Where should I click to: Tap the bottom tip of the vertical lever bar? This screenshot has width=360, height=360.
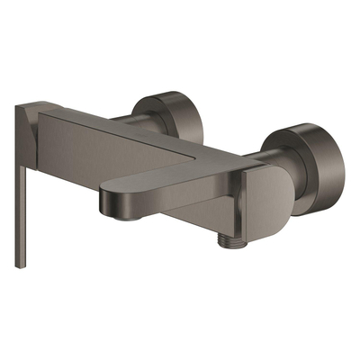[x=18, y=265]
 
